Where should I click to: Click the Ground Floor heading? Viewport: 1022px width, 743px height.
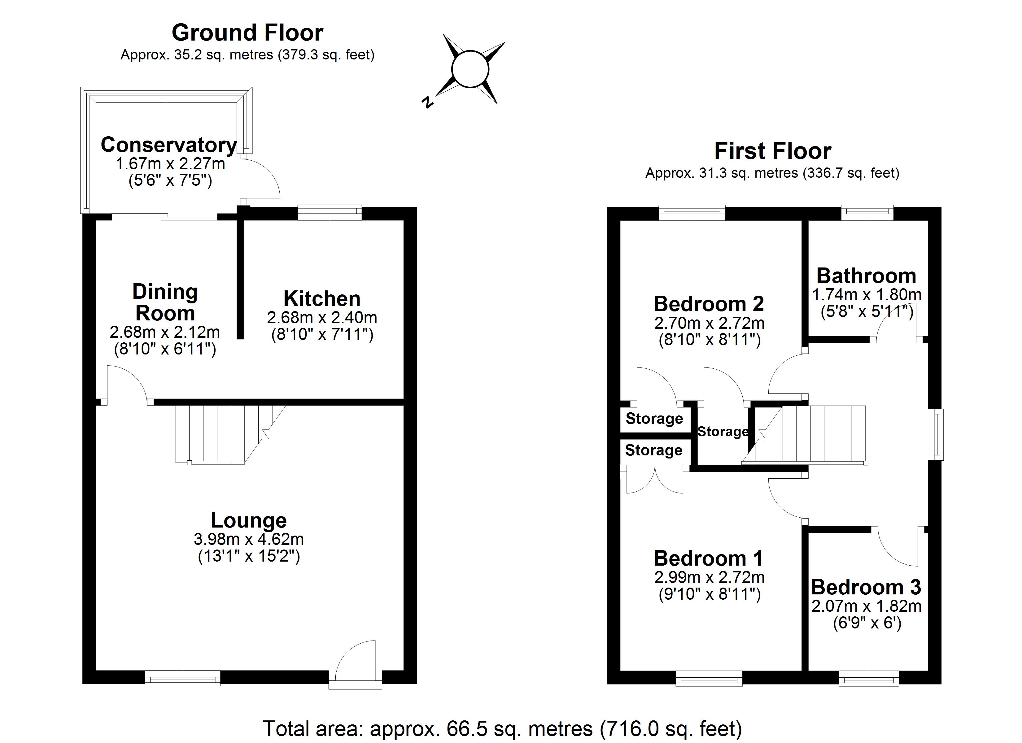pyautogui.click(x=247, y=33)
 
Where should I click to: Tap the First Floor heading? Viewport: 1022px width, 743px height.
pyautogui.click(x=772, y=151)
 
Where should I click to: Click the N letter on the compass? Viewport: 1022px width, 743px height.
pyautogui.click(x=427, y=102)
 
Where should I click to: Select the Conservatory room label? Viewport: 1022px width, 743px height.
pyautogui.click(x=168, y=145)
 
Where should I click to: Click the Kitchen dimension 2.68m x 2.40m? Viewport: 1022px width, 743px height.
pyautogui.click(x=322, y=318)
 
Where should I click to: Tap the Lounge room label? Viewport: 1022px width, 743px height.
pyautogui.click(x=249, y=520)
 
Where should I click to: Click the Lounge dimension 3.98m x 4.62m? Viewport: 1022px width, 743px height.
pyautogui.click(x=249, y=539)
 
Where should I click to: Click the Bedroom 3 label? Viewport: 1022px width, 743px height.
pyautogui.click(x=866, y=587)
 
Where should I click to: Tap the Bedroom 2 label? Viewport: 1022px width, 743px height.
pyautogui.click(x=709, y=304)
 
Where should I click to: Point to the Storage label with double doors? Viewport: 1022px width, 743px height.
pyautogui.click(x=653, y=450)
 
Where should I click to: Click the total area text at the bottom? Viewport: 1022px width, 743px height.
pyautogui.click(x=502, y=728)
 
